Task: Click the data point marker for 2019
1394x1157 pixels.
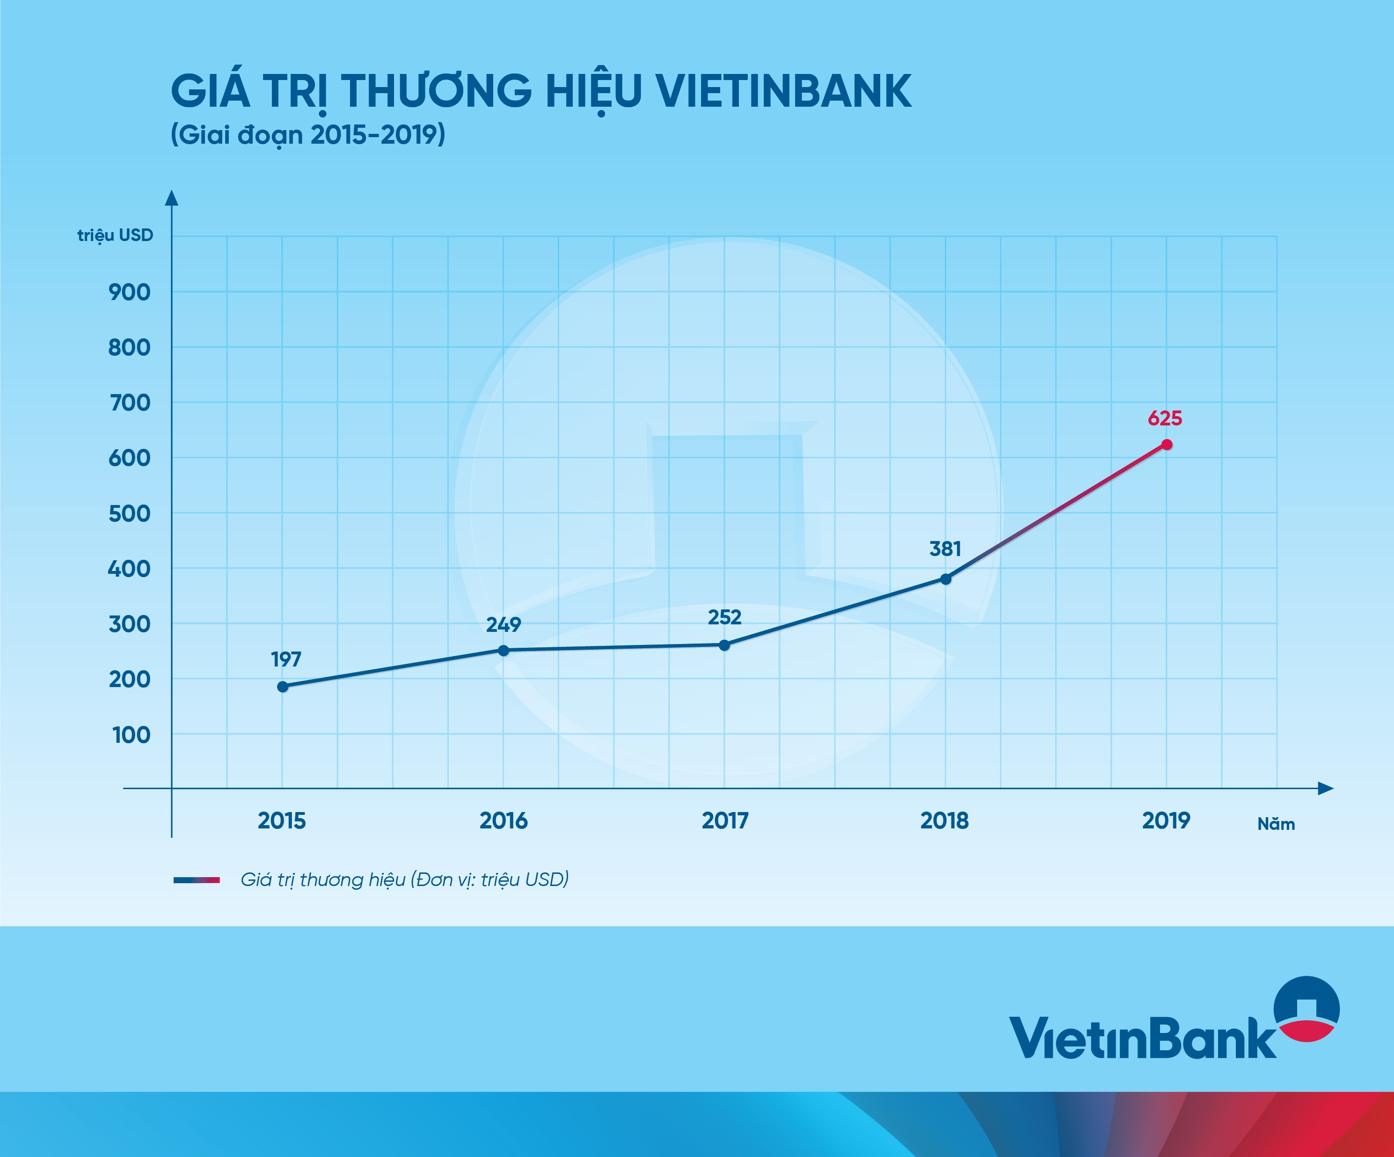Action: click(1166, 445)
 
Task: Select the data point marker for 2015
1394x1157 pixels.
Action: click(283, 686)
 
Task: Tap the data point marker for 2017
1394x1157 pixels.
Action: click(724, 644)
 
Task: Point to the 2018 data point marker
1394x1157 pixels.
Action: click(946, 579)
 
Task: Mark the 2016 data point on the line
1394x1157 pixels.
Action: click(503, 650)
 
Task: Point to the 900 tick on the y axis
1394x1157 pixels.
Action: click(130, 292)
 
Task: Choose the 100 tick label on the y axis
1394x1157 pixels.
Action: click(131, 735)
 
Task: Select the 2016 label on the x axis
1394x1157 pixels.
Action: click(503, 821)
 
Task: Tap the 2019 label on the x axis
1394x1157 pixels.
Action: click(1166, 821)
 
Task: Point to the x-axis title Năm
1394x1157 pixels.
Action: click(1275, 824)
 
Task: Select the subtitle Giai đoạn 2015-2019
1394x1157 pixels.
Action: click(308, 135)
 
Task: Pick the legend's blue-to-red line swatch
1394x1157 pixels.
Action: click(197, 880)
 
